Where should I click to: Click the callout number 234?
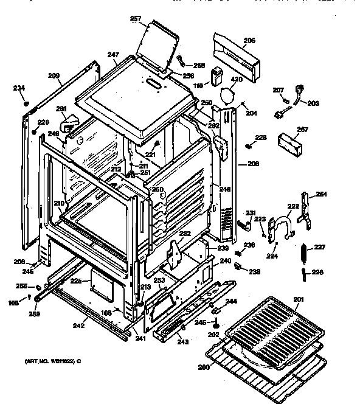[x=19, y=88]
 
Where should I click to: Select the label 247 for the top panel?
[x=113, y=55]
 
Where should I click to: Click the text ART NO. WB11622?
[x=51, y=361]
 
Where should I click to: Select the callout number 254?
[x=321, y=195]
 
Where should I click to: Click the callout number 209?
[x=54, y=76]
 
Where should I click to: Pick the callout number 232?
[x=184, y=233]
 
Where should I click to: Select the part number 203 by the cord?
[x=313, y=103]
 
